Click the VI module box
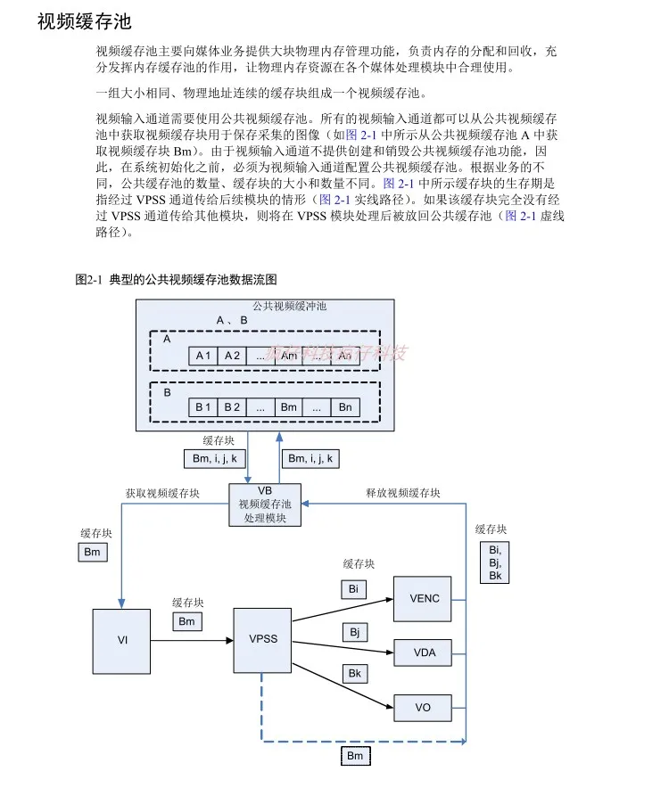[x=122, y=640]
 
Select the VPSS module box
[x=263, y=640]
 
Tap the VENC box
[x=424, y=599]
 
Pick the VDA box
[x=424, y=653]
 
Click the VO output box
[x=424, y=708]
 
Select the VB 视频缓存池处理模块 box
[x=265, y=505]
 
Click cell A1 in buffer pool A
[x=203, y=356]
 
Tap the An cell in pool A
[x=345, y=356]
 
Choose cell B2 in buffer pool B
[x=232, y=407]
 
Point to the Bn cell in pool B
[x=345, y=407]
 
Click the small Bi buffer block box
[x=353, y=589]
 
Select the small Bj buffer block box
[x=354, y=632]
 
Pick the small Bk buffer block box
[x=354, y=673]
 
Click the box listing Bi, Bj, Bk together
[x=495, y=562]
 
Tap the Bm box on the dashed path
[x=355, y=757]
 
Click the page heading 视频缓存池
[x=84, y=21]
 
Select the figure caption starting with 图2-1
[x=176, y=280]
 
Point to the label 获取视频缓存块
[x=163, y=493]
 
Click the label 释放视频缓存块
[x=402, y=493]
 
